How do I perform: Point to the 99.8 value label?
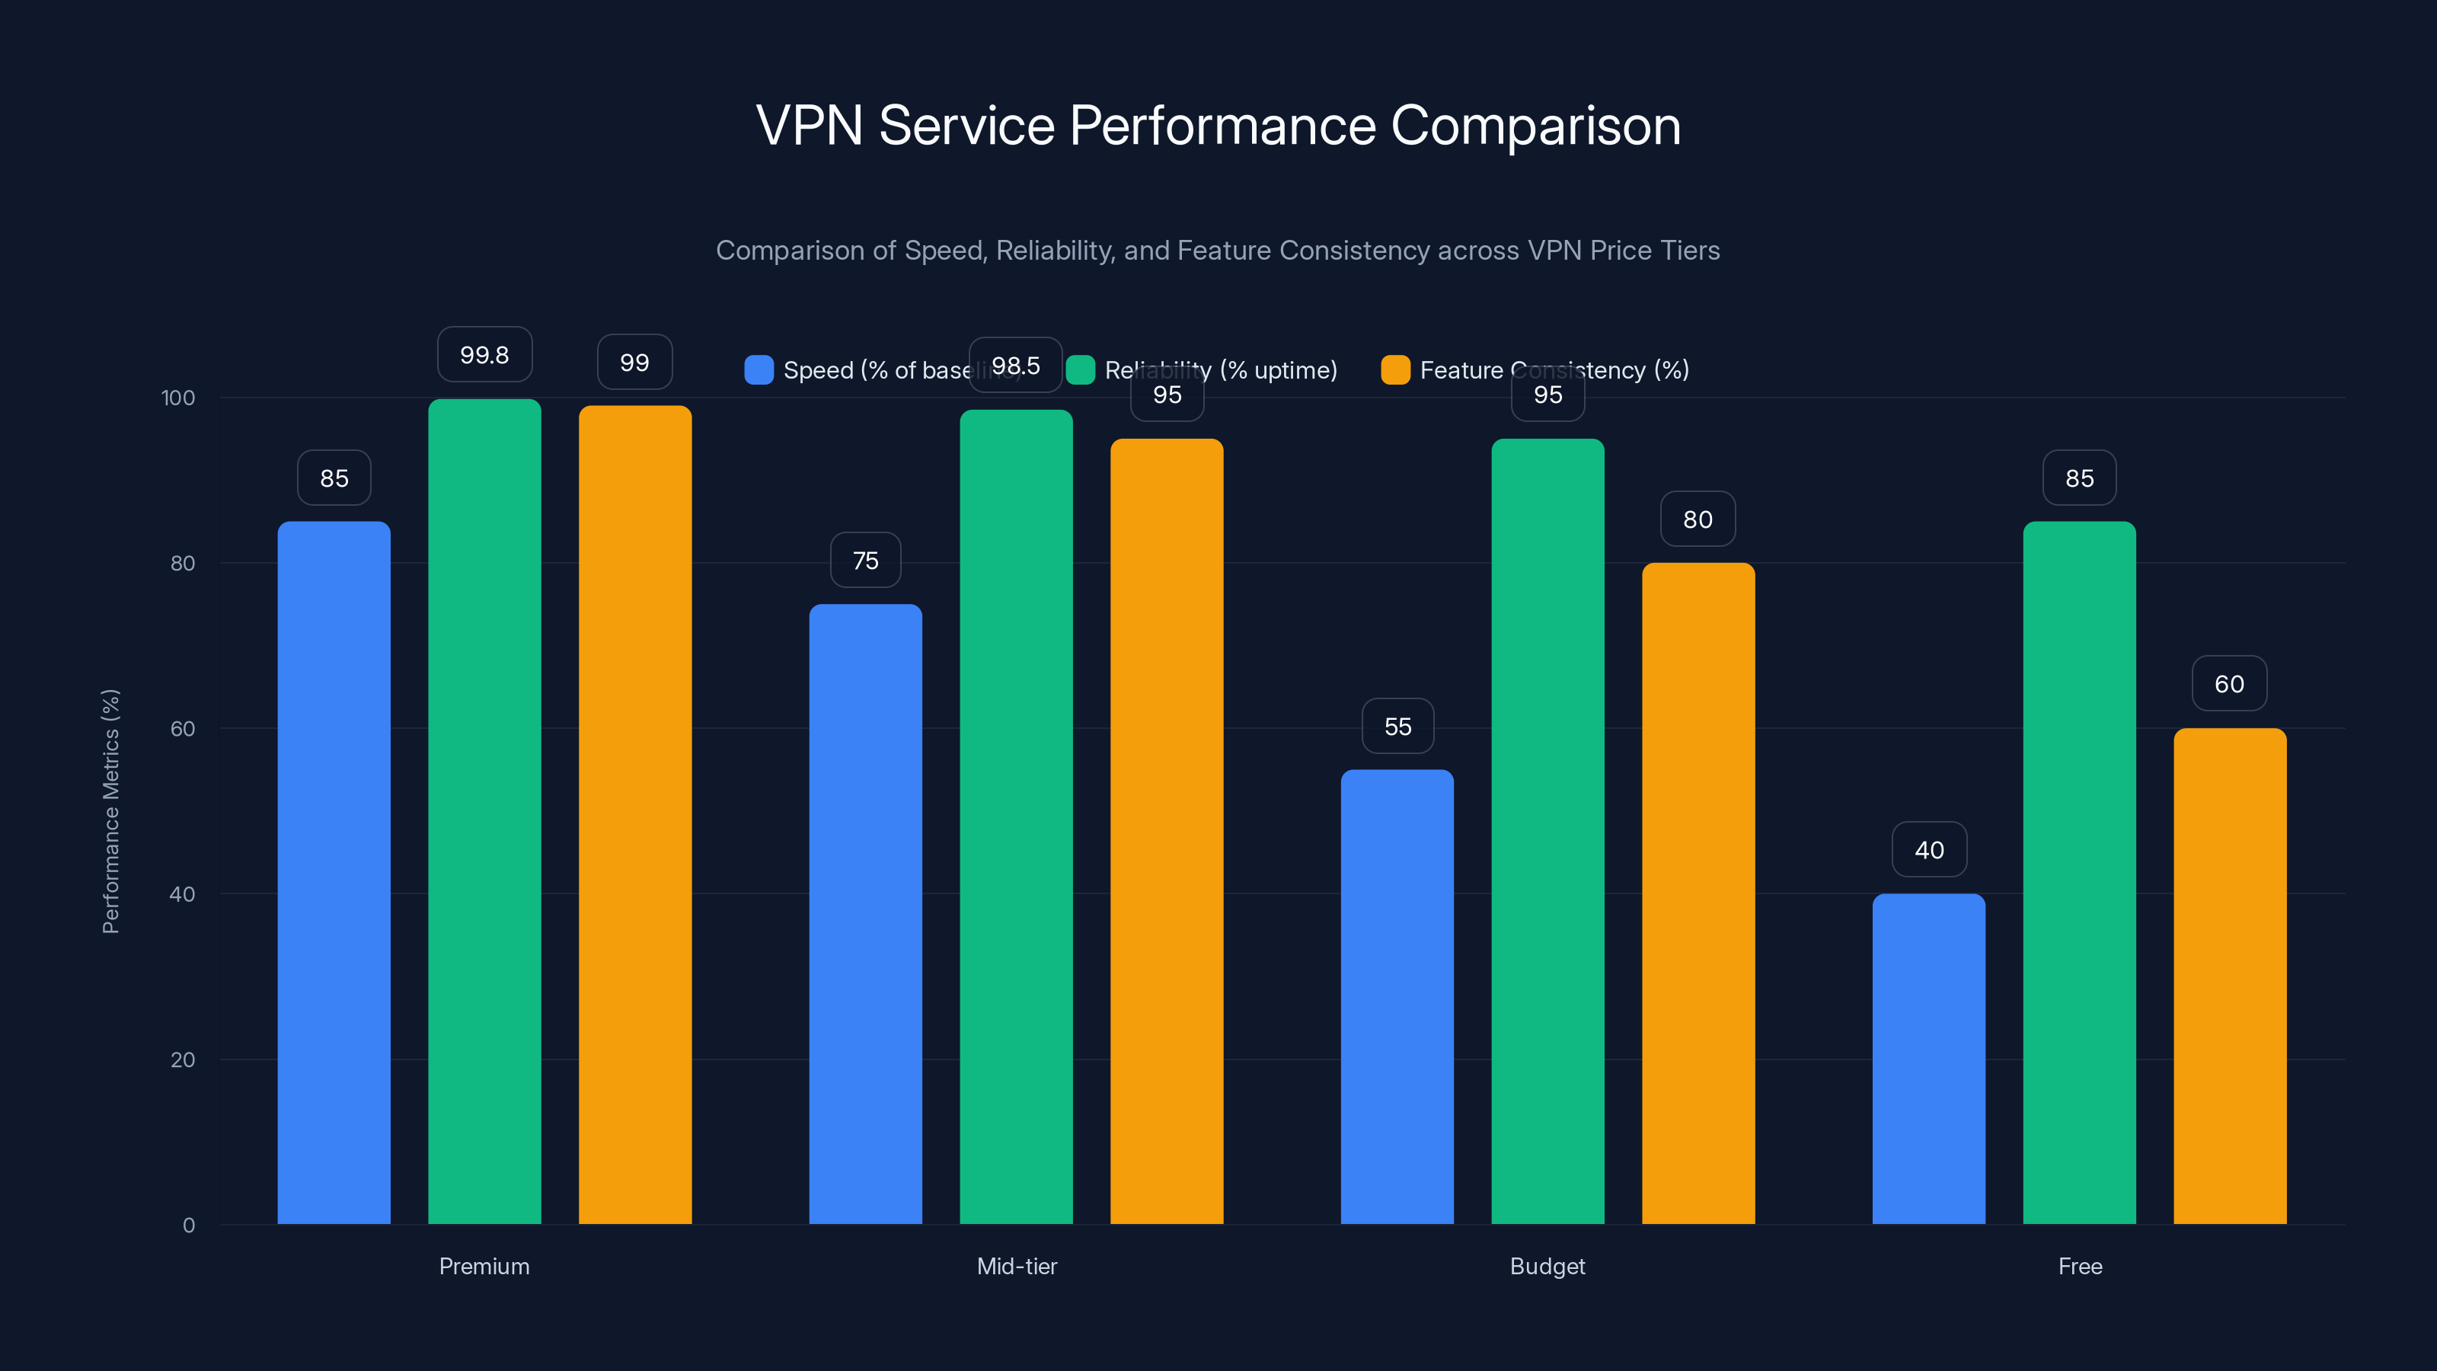(484, 355)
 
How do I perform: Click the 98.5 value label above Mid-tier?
(1015, 366)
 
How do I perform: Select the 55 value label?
(1397, 727)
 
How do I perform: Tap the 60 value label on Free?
(2229, 684)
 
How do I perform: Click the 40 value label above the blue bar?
(1929, 850)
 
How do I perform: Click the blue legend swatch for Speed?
(759, 370)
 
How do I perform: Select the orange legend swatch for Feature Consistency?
(1395, 370)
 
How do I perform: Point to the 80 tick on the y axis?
(183, 563)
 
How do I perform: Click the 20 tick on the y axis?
(183, 1059)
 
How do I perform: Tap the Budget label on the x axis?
(1547, 1266)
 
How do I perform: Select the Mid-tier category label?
(1016, 1266)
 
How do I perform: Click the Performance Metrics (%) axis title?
(110, 811)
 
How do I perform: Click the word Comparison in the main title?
(1535, 126)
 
